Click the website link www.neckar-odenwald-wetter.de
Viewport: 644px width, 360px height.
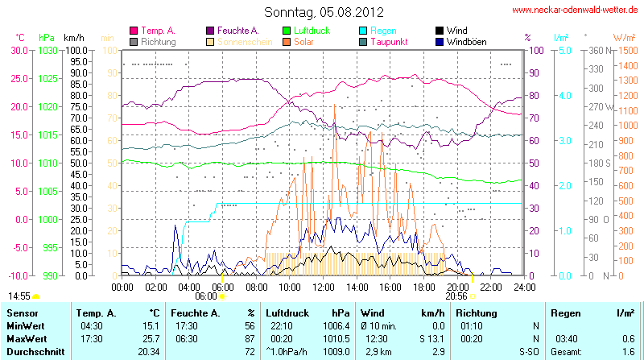pos(575,10)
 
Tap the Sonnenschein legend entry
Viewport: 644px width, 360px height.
pos(242,41)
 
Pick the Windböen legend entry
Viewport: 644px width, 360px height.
pos(466,41)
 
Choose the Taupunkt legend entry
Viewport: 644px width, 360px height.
pos(389,41)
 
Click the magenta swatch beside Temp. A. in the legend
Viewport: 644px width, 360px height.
pos(134,31)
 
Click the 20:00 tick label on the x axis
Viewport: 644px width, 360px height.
pos(457,286)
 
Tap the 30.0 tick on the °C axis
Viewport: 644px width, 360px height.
pos(18,50)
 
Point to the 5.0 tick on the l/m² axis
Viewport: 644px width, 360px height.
pos(564,50)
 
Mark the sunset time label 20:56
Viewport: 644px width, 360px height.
pos(456,296)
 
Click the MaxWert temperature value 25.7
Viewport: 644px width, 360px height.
pos(149,339)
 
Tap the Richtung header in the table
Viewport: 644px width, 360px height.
pos(477,312)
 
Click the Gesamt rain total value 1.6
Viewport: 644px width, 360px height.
pos(629,353)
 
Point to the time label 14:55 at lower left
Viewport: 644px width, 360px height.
pos(19,296)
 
